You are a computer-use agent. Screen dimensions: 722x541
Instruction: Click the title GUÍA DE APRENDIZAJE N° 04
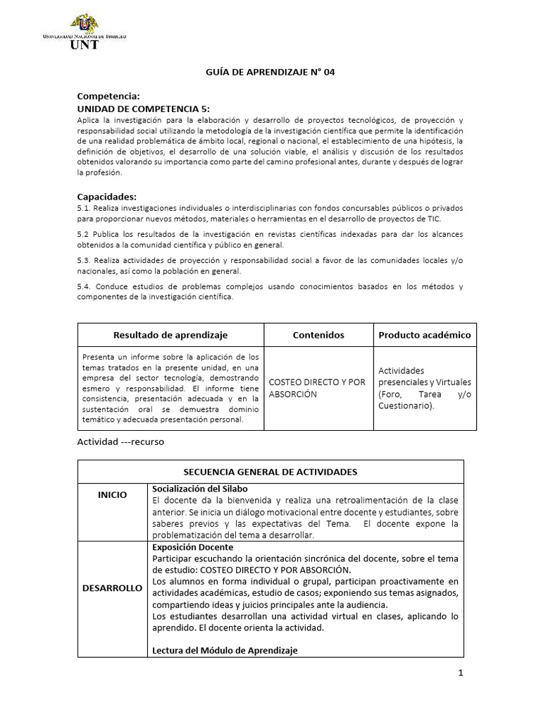tap(270, 72)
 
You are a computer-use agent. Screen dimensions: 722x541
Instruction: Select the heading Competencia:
tap(108, 96)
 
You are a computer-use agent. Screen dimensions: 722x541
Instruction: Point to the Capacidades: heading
tap(106, 196)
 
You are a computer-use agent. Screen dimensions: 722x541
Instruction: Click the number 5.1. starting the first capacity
tap(83, 209)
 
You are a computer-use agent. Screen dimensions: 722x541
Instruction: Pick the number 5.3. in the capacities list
tap(83, 260)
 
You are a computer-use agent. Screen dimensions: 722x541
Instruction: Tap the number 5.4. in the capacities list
tap(83, 286)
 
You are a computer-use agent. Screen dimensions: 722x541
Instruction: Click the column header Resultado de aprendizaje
tap(170, 335)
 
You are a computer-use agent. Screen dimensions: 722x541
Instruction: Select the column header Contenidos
tap(318, 335)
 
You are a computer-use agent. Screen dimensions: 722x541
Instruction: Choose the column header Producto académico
tap(424, 335)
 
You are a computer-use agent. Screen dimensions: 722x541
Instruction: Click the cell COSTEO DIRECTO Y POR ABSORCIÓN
tap(318, 388)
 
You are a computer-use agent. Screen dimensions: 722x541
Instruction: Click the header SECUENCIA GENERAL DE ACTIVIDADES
tap(270, 472)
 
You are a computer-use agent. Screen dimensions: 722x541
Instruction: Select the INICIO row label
tap(113, 495)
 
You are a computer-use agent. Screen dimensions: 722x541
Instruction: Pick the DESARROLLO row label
tap(113, 587)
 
